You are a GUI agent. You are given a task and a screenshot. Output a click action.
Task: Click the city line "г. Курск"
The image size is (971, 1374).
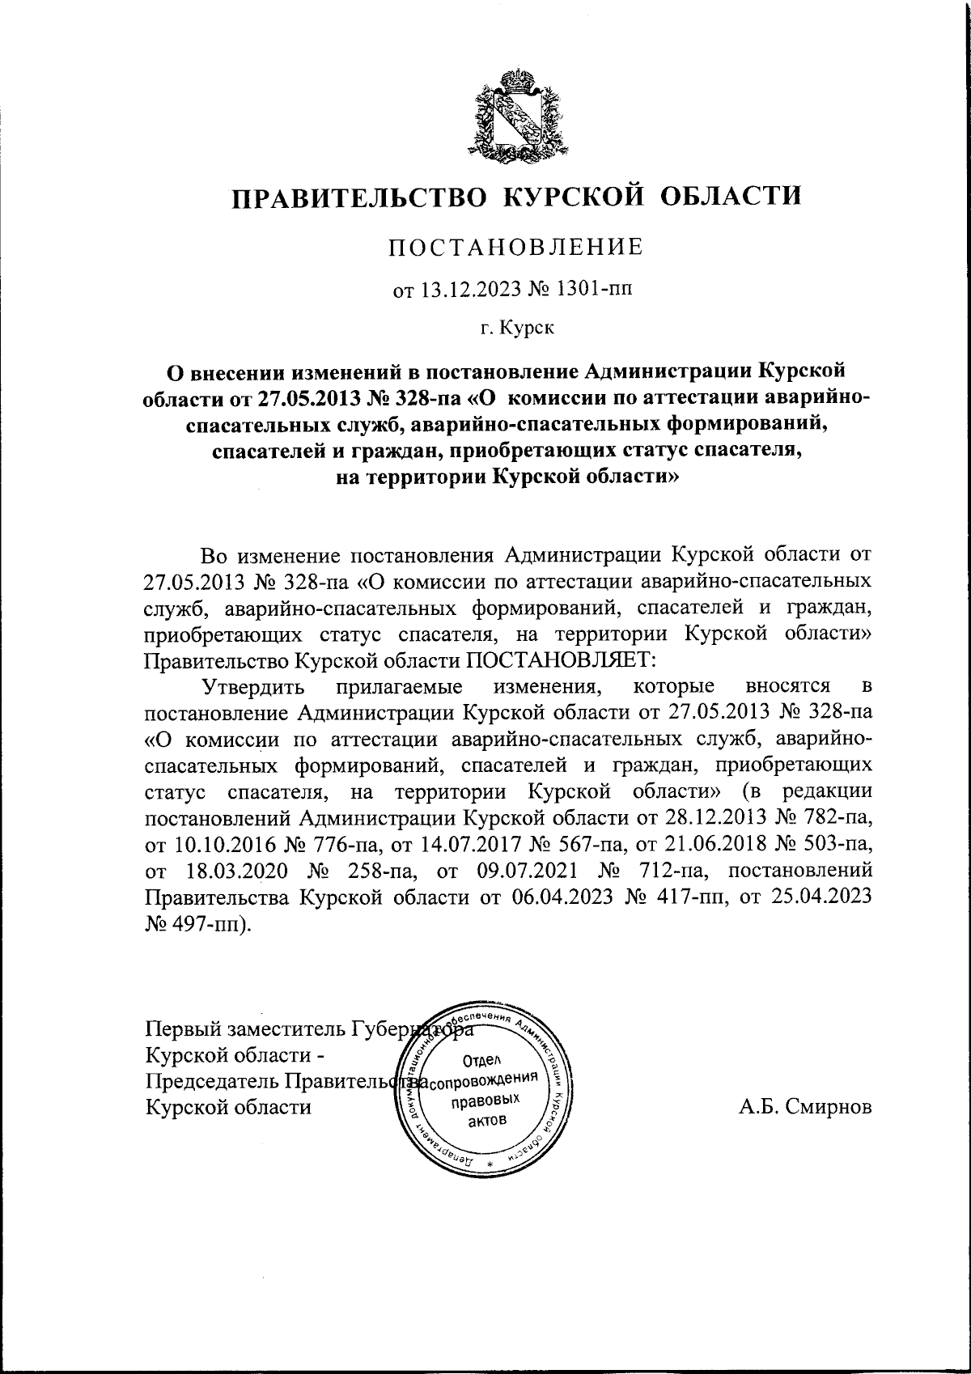[x=517, y=328]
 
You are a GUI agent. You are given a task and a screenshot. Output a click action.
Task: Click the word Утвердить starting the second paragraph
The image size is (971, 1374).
[x=254, y=686]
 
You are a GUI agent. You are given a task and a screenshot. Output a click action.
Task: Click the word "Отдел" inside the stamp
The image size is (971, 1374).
[x=482, y=1059]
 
